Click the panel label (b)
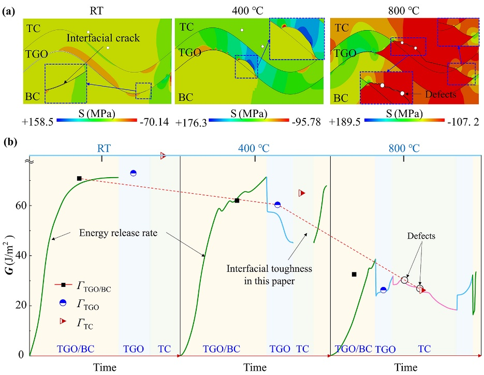[8, 141]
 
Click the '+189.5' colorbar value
[347, 122]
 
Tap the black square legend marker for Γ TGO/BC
[63, 284]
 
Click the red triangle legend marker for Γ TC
[63, 321]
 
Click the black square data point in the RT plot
[79, 178]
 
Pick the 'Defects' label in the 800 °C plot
[420, 235]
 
